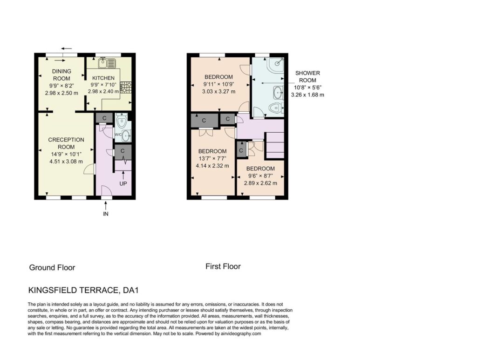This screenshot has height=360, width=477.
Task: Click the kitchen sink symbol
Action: (x=107, y=63)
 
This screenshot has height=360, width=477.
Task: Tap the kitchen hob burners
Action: (x=126, y=87)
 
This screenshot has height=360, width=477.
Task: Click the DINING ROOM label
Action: (x=61, y=75)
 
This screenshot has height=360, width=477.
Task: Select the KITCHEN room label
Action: (x=103, y=78)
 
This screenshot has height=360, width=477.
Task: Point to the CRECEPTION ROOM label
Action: (x=66, y=143)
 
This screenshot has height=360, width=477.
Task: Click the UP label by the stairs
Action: (x=123, y=183)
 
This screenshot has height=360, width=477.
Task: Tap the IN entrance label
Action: (x=106, y=214)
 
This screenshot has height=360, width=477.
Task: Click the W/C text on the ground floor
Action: (x=118, y=135)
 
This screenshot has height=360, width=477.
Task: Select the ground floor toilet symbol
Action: (x=122, y=120)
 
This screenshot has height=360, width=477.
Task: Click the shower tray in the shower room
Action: (x=276, y=65)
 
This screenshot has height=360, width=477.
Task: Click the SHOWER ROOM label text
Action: (x=307, y=77)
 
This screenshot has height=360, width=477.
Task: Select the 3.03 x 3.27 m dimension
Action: (x=218, y=91)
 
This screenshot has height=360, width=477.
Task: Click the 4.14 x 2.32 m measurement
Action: (x=212, y=166)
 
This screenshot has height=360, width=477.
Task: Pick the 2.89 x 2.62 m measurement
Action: (x=260, y=183)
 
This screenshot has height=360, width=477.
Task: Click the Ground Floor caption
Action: (x=52, y=268)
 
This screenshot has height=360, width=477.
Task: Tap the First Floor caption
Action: (x=223, y=266)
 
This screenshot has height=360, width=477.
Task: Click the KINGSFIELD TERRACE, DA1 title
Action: (x=83, y=290)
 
